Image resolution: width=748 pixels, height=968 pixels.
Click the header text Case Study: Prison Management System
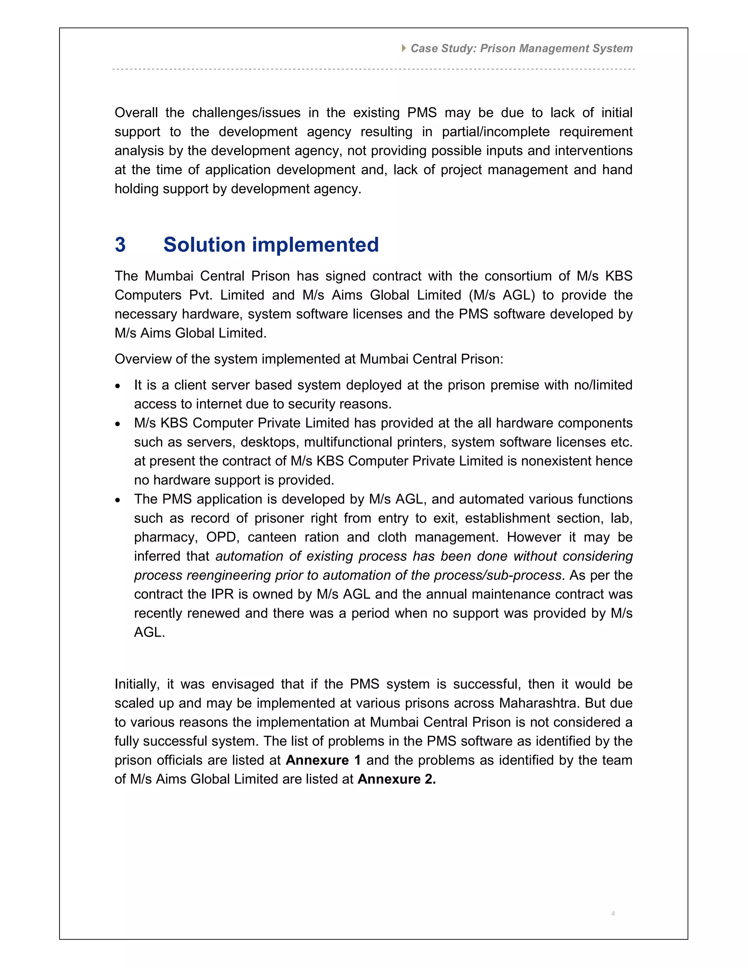[521, 48]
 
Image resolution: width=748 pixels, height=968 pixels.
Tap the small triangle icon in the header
[404, 48]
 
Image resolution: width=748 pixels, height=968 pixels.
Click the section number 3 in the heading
[120, 245]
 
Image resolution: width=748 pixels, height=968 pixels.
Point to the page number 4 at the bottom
[613, 914]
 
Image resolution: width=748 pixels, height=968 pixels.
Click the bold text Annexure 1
[323, 760]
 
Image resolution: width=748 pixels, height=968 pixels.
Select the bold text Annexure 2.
[397, 779]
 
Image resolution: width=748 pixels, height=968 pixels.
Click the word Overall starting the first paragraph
[136, 113]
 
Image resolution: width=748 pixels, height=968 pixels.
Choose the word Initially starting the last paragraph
[137, 684]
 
